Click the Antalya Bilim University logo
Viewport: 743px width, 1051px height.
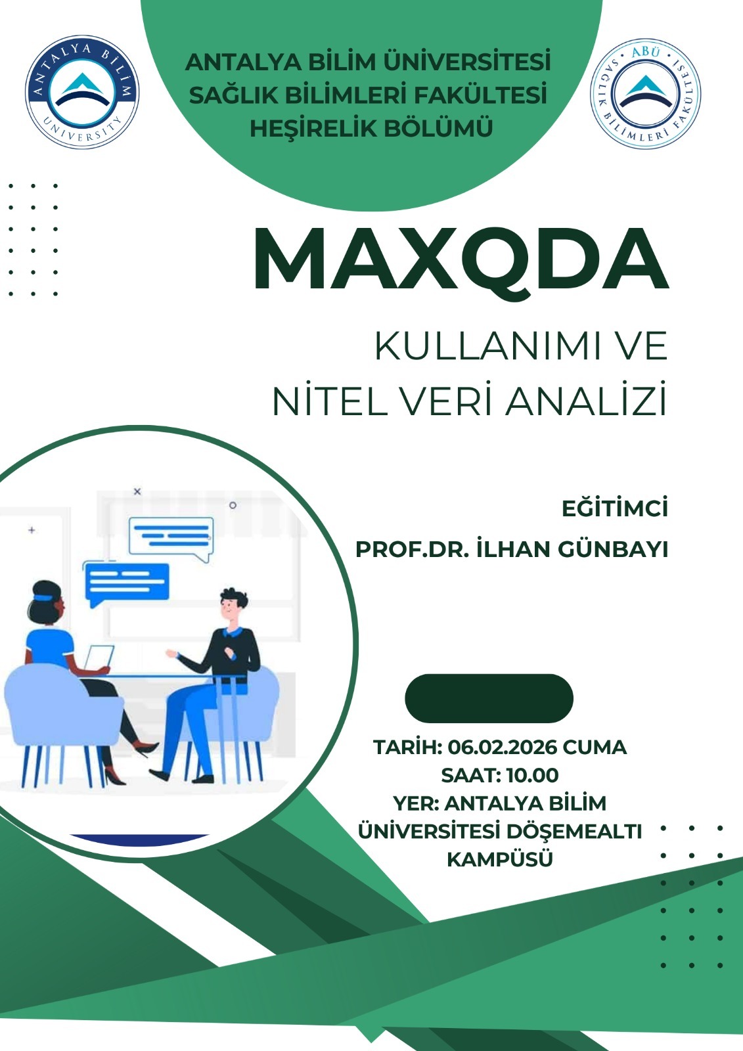(x=82, y=92)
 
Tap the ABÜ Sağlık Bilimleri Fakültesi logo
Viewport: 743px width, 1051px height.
(x=645, y=94)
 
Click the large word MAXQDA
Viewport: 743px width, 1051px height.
(x=461, y=259)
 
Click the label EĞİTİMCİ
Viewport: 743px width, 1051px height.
(x=615, y=508)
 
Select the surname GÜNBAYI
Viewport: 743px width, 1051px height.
(x=613, y=549)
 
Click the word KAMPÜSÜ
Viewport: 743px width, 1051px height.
(x=499, y=860)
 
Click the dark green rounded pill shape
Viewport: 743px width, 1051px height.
(x=489, y=698)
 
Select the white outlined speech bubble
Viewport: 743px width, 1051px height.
(x=171, y=539)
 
